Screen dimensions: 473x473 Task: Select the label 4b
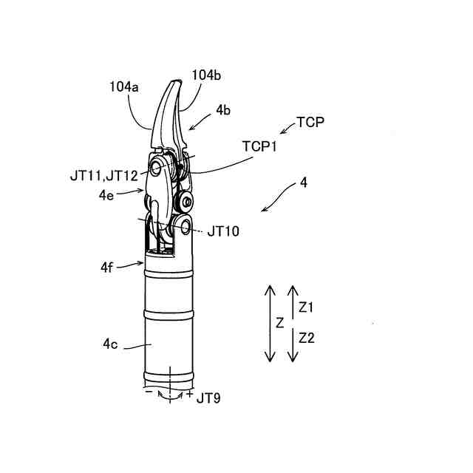[x=223, y=109]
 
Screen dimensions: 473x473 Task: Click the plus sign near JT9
[x=190, y=395]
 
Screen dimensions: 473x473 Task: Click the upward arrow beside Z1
[x=293, y=304]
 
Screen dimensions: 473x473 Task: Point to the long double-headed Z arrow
[x=270, y=323]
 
